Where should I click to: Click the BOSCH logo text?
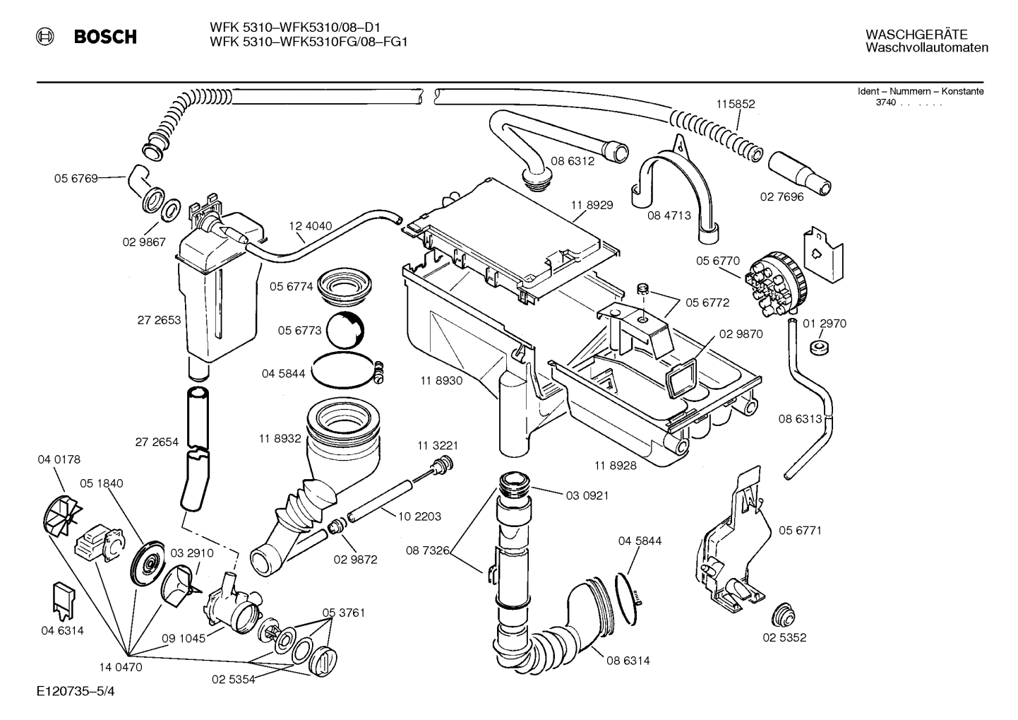click(105, 37)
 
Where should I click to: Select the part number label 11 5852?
click(736, 104)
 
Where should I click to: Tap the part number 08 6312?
click(575, 161)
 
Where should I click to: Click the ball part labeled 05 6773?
click(348, 329)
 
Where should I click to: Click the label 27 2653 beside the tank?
click(159, 320)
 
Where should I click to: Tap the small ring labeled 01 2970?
click(820, 348)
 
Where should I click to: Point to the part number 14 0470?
click(121, 666)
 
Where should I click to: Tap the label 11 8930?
click(441, 381)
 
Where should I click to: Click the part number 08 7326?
click(428, 550)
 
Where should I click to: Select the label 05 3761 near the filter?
click(344, 613)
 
